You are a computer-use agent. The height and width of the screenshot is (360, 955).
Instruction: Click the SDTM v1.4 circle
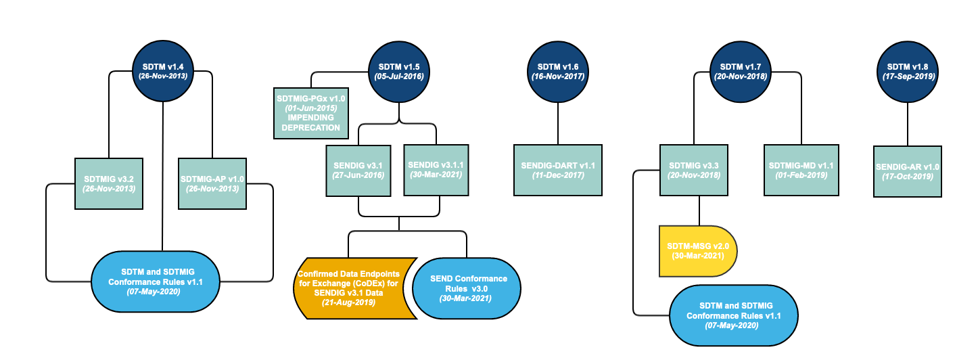tap(163, 71)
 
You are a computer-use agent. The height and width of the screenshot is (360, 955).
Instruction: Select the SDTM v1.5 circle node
tap(399, 72)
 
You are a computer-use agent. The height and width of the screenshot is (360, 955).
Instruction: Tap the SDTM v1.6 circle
tap(558, 72)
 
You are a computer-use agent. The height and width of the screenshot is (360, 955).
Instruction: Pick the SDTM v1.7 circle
tap(741, 72)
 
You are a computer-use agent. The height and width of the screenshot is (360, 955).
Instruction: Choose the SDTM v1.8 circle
tap(907, 72)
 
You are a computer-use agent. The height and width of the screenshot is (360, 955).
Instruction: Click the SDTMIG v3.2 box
tap(109, 184)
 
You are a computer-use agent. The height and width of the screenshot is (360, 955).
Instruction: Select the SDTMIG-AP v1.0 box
tap(212, 184)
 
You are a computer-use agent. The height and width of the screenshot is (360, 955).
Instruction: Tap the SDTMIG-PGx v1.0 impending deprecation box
tap(311, 114)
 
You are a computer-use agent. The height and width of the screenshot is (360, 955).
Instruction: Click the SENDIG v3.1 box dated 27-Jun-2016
tap(358, 171)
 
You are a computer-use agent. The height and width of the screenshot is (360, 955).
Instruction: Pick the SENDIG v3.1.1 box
tap(436, 171)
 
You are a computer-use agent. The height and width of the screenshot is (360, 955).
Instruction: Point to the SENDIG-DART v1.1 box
tap(558, 171)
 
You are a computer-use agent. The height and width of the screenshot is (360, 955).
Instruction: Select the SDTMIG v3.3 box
tap(694, 171)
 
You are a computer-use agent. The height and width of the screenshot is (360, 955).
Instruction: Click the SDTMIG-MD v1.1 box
tap(801, 171)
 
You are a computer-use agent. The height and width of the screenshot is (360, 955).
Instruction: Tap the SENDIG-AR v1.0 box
tap(907, 171)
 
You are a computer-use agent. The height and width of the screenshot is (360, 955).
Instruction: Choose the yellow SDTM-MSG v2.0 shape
tap(698, 251)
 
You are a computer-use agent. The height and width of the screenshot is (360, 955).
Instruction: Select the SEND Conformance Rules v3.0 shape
tap(467, 288)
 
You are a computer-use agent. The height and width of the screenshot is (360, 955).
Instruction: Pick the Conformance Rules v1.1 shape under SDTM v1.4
tap(155, 282)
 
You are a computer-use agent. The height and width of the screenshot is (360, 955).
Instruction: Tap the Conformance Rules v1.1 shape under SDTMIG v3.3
tap(733, 315)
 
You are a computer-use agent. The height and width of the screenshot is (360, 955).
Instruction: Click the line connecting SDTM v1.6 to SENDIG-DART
tap(558, 124)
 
